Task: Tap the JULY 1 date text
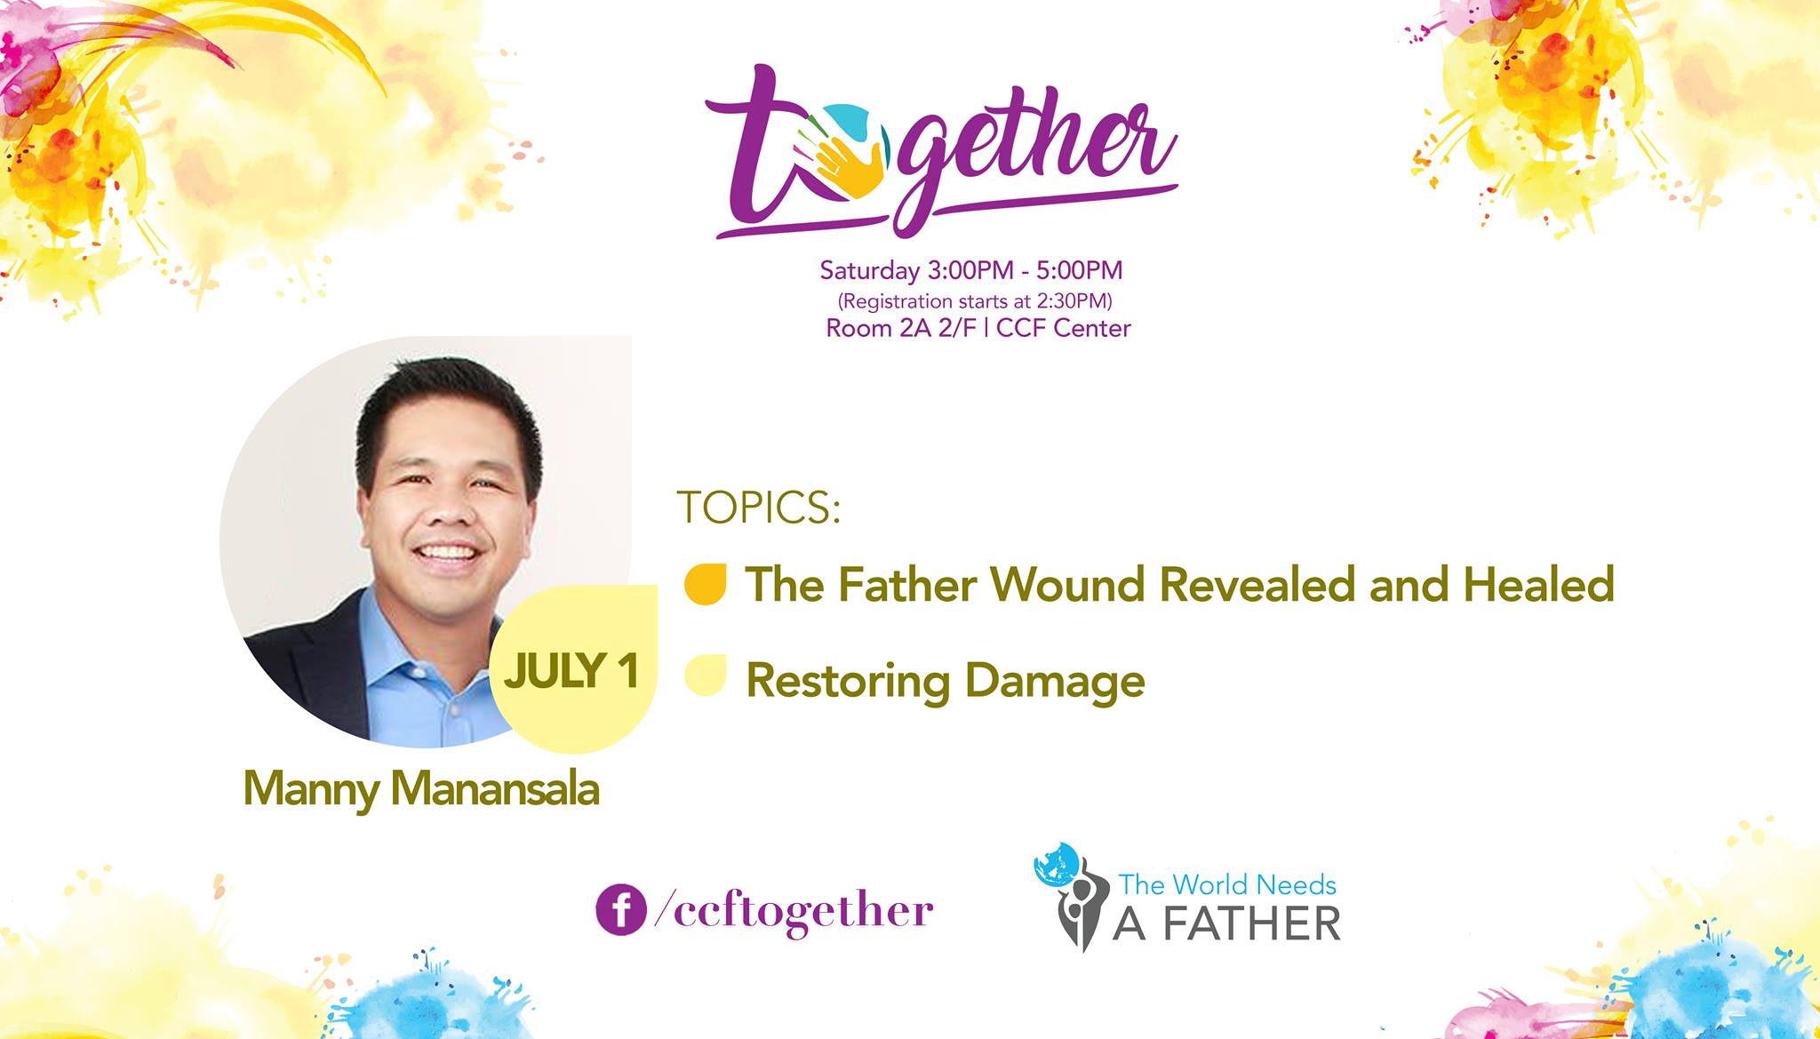pos(571,671)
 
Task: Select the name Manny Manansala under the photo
pos(421,788)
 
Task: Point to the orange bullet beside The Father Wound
pos(706,584)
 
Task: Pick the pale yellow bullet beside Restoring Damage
pos(706,675)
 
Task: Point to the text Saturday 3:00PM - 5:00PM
pos(971,269)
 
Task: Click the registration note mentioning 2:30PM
pos(975,300)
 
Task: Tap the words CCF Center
pos(1064,328)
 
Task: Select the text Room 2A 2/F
pos(901,328)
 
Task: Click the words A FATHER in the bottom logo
pos(1227,923)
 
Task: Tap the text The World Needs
pos(1227,884)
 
